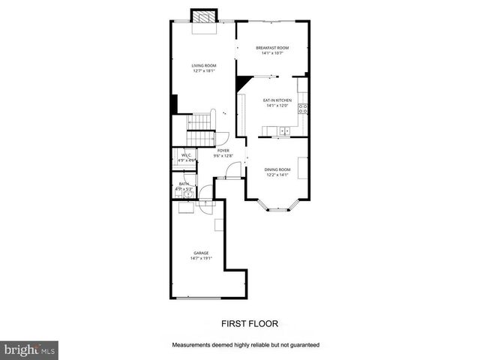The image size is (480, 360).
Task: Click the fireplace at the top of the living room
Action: tap(202, 16)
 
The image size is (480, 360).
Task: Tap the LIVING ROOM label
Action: tap(204, 66)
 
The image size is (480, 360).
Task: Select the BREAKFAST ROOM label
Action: tap(271, 48)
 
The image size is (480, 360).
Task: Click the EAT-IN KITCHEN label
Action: tap(277, 100)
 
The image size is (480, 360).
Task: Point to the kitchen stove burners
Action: tap(303, 109)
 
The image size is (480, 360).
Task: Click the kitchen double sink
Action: tap(285, 132)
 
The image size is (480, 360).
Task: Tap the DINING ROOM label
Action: tap(277, 169)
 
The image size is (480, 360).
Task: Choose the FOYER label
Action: tap(223, 151)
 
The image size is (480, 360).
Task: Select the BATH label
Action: tap(184, 184)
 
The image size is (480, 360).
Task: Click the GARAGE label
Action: tap(202, 253)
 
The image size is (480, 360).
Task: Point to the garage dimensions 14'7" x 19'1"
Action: tap(202, 258)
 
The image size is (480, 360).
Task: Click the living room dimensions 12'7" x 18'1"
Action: tap(204, 71)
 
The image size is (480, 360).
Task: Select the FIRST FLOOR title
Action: tap(249, 325)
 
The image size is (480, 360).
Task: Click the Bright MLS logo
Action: tap(30, 349)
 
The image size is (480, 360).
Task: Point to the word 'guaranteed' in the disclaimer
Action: tap(302, 345)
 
